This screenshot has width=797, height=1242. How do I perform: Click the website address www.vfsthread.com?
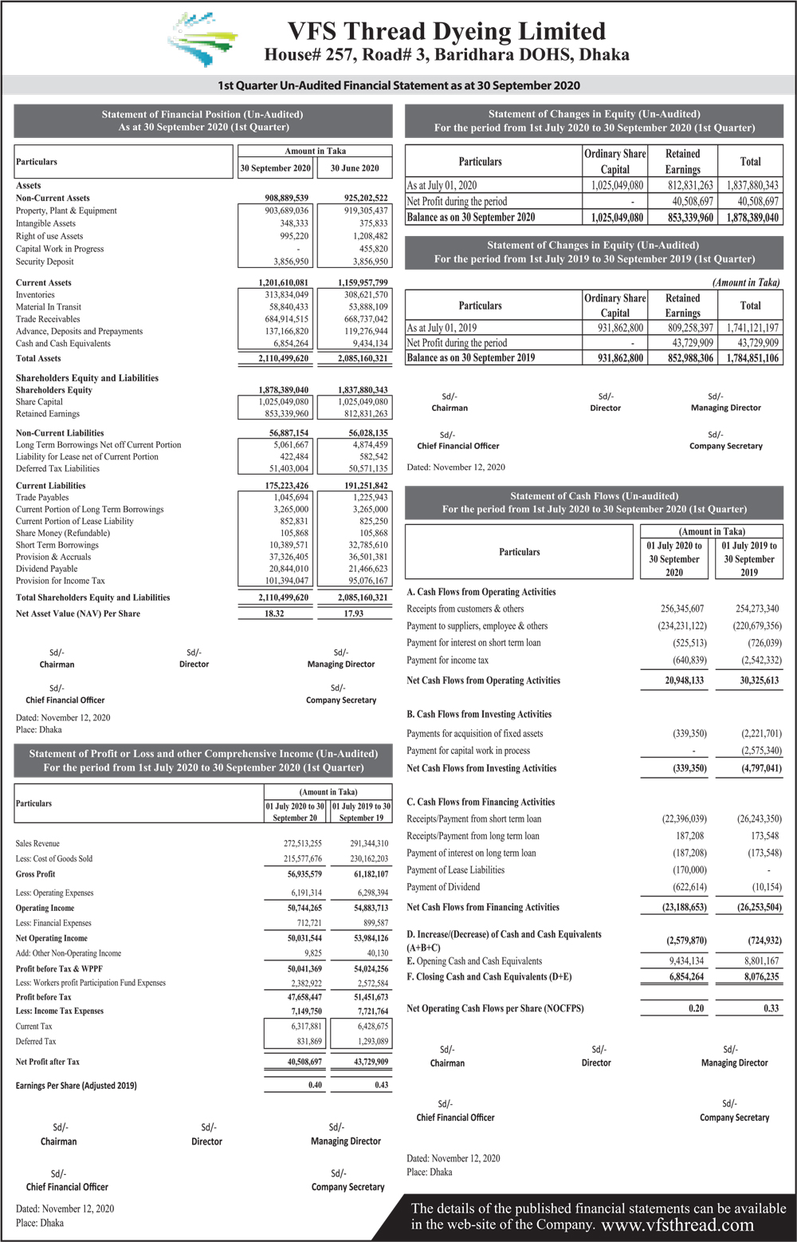677,1225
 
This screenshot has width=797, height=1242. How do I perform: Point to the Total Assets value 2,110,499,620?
283,358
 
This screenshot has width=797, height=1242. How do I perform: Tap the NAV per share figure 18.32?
274,613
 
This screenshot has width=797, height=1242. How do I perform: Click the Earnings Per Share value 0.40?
316,1085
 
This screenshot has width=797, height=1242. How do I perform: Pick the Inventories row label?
35,294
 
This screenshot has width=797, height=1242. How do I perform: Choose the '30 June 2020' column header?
355,168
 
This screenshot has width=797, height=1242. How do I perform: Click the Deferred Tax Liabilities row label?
57,468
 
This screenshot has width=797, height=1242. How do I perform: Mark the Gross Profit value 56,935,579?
304,874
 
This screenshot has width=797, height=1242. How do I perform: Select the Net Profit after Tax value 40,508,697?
304,1062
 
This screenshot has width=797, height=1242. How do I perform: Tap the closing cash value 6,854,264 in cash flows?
686,976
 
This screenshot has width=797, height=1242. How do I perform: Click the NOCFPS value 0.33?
771,1008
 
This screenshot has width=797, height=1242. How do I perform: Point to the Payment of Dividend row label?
443,887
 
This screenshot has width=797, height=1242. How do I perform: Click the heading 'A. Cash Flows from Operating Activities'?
481,592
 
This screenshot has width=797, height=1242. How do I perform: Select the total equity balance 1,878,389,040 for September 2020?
752,217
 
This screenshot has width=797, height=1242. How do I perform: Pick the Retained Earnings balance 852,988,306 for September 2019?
690,357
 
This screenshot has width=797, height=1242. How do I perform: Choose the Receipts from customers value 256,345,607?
681,609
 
